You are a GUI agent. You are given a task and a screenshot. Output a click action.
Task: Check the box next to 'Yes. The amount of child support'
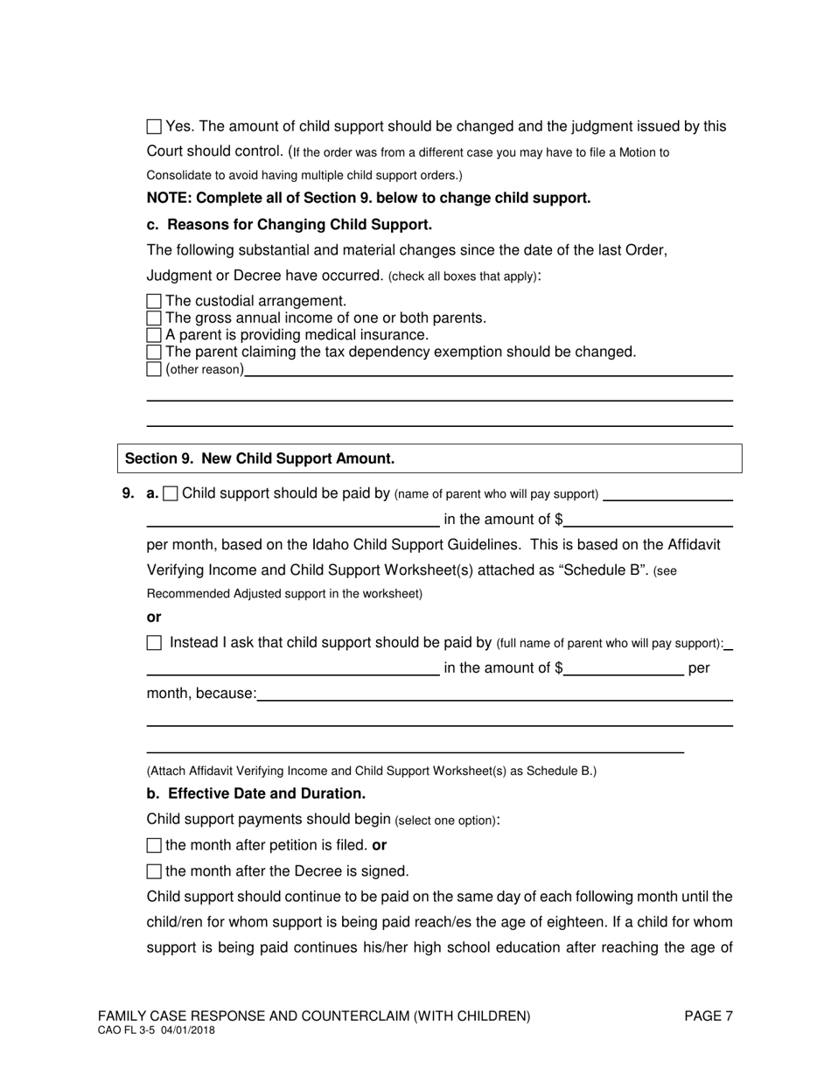[x=154, y=127]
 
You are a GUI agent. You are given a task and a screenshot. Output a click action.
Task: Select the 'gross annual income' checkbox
[x=154, y=318]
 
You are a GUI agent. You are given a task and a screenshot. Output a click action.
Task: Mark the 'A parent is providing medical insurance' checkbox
[x=154, y=335]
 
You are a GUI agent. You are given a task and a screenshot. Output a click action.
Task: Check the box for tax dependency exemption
[x=154, y=353]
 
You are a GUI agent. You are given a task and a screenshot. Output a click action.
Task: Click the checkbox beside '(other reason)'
[x=154, y=369]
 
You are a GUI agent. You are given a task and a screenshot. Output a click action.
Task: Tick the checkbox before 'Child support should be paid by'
[x=171, y=494]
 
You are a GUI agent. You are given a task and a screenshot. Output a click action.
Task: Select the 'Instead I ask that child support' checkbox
[x=155, y=643]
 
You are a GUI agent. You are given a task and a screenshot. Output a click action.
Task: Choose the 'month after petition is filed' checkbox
[x=154, y=846]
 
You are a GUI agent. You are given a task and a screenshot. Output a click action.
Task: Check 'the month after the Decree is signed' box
[x=154, y=871]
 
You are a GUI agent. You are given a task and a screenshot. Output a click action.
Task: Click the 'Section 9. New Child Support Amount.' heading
[x=260, y=458]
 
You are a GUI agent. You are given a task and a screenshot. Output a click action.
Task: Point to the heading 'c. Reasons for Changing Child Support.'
[x=289, y=224]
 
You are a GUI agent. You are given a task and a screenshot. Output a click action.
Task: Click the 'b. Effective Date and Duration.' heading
[x=255, y=793]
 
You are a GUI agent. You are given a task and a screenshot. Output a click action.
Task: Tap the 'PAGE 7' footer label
[x=709, y=1016]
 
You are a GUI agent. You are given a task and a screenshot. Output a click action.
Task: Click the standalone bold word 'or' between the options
[x=154, y=617]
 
